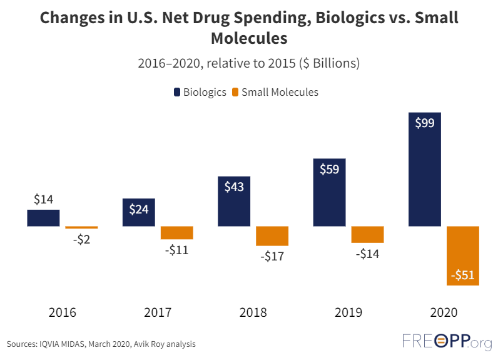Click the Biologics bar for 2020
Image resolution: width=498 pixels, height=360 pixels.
(425, 169)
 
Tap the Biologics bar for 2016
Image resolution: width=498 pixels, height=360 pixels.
(43, 217)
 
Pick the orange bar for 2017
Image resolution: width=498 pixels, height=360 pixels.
(177, 232)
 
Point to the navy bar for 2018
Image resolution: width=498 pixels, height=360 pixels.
(234, 201)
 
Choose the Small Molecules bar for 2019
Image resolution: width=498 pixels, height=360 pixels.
(367, 234)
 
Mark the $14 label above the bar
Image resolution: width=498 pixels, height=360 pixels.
(43, 200)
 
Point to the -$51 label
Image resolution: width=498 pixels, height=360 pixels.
(463, 275)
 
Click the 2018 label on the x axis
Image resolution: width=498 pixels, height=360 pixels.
(253, 312)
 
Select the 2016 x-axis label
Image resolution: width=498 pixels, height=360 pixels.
(62, 312)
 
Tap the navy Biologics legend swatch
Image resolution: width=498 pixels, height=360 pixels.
(178, 93)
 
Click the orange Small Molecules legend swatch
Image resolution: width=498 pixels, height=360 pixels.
(235, 93)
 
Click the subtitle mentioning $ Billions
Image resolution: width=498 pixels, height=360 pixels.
(248, 63)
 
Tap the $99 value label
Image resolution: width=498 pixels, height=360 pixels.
(425, 123)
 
